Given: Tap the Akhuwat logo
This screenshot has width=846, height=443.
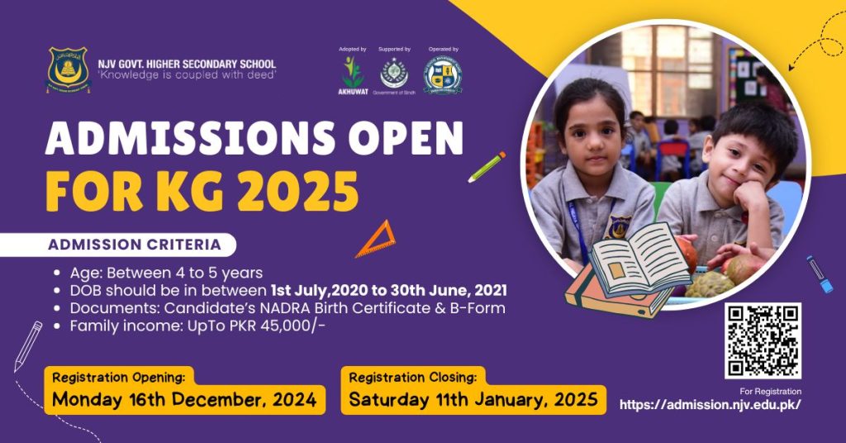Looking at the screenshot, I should tap(353, 75).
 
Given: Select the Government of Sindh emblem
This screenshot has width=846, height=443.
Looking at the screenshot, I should tap(393, 74).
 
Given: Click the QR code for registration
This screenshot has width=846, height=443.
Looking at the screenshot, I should tap(763, 341).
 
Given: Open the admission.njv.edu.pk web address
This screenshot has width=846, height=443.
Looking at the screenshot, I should tap(710, 405).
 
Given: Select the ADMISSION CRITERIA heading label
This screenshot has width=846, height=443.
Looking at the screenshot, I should tap(135, 245).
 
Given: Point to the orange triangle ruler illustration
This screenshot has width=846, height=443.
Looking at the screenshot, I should tap(376, 240).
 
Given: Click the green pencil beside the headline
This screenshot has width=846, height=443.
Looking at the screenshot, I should tap(487, 166).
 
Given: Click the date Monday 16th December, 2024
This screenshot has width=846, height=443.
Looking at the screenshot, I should tap(184, 401).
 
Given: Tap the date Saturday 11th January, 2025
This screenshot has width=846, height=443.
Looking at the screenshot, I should tap(473, 400).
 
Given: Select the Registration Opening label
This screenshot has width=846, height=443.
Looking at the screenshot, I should tap(118, 377).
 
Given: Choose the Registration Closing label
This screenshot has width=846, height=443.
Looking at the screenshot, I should tap(412, 377).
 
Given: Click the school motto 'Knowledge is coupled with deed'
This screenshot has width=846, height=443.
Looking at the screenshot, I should tap(187, 75).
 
